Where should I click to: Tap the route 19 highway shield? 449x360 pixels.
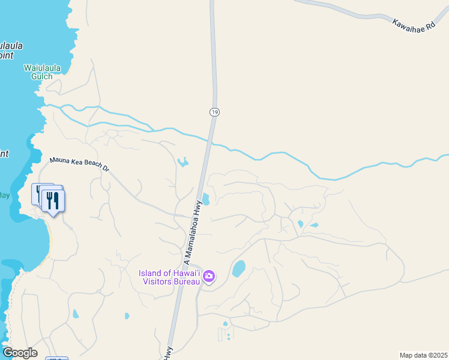coord(214,112)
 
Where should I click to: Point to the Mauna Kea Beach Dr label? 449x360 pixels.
coord(79,164)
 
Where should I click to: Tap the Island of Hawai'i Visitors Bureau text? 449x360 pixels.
coord(169,277)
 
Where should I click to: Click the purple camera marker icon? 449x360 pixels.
coord(209,277)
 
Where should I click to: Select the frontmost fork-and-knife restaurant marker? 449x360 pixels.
coord(53,200)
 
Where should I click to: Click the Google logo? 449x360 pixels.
coord(19,353)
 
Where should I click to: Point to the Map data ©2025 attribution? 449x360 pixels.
coord(423,355)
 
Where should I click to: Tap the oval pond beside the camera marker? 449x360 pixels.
coord(239,268)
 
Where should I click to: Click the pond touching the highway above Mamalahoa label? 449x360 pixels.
coord(206,199)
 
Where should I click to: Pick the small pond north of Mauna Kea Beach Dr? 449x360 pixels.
coord(182,161)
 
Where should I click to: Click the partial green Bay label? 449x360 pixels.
coord(5,195)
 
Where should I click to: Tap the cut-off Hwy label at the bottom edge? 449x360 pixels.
coord(168,353)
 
